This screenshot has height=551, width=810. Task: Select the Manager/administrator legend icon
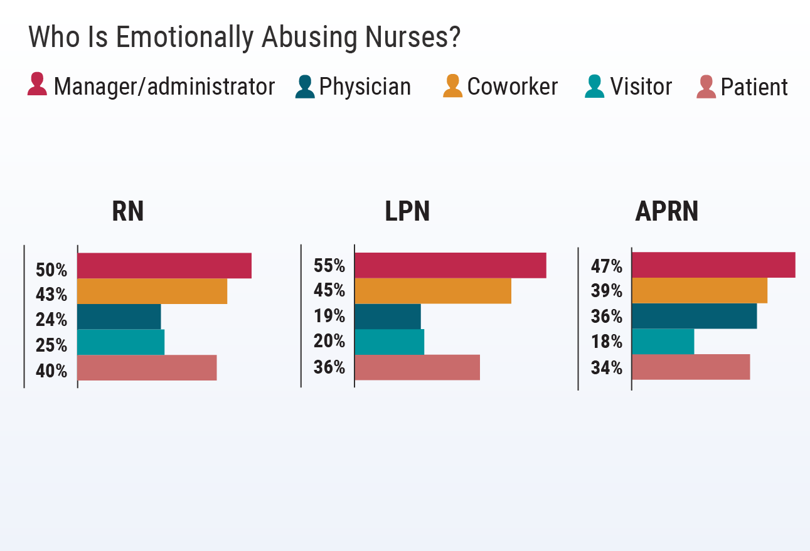[x=37, y=85]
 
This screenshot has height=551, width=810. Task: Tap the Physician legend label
[x=365, y=87]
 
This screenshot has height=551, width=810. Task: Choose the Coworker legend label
[x=512, y=87]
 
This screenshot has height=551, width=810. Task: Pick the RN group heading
[x=128, y=211]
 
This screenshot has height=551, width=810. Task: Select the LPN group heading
[x=407, y=212]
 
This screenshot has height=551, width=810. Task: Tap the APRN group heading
[x=666, y=212]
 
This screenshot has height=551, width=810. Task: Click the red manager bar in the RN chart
[x=164, y=265]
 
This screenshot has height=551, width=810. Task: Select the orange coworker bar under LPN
[x=432, y=291]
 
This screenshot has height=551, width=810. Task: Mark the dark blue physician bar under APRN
[x=694, y=316]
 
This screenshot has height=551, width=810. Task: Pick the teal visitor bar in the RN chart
[x=120, y=342]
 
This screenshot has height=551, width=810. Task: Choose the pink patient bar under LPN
[x=417, y=367]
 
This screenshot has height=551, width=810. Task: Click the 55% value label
[x=329, y=266]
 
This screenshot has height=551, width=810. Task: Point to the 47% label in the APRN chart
[x=606, y=266]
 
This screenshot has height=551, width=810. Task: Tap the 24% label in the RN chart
[x=51, y=320]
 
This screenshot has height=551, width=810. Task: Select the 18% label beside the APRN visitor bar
[x=606, y=342]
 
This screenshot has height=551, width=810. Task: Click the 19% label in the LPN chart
[x=329, y=315]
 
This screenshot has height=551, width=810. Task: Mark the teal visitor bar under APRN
[x=663, y=342]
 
